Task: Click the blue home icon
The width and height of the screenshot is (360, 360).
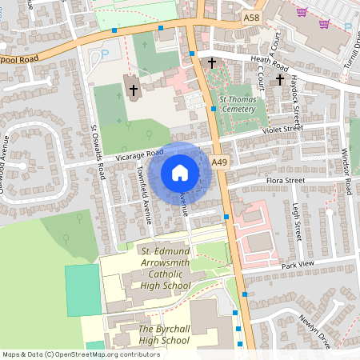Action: pyautogui.click(x=180, y=173)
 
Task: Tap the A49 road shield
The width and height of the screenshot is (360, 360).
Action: pyautogui.click(x=220, y=162)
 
